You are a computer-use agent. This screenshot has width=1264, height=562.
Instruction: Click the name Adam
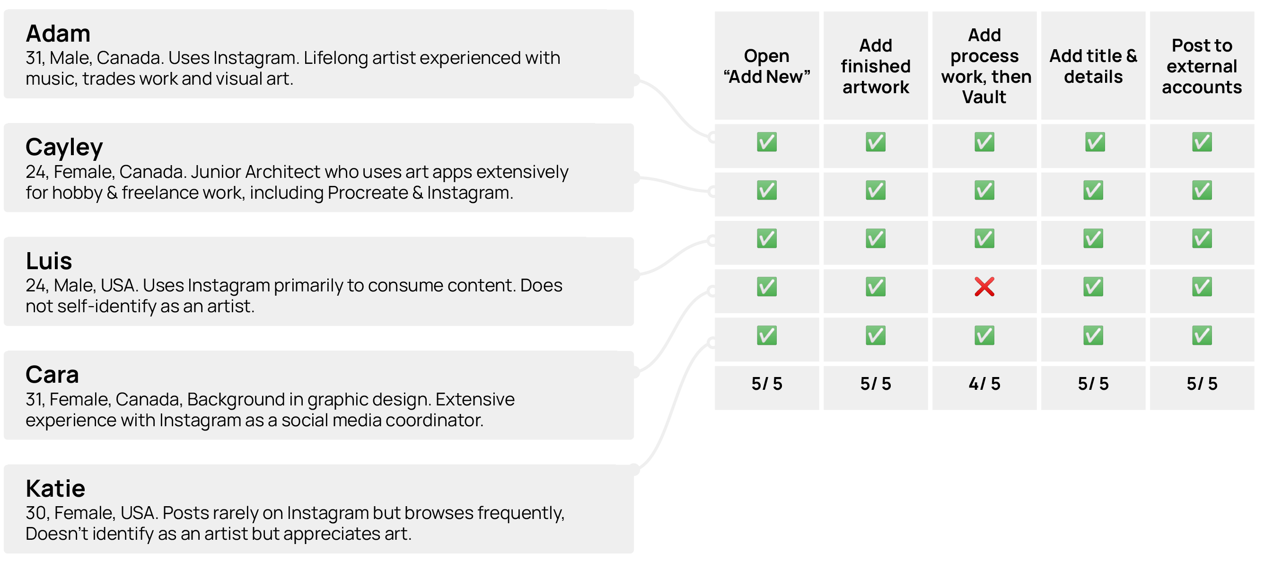(x=58, y=34)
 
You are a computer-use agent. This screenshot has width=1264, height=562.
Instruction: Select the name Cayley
(x=64, y=147)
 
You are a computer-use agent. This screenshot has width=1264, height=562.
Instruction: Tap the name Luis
(x=49, y=261)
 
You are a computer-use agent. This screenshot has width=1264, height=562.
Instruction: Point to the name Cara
(x=52, y=375)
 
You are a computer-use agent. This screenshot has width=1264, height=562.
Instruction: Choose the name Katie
(x=55, y=489)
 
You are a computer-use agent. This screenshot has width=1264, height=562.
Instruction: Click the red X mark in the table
(x=984, y=287)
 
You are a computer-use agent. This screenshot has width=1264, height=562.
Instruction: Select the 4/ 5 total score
(x=984, y=384)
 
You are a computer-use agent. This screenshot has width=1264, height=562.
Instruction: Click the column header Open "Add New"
(x=766, y=66)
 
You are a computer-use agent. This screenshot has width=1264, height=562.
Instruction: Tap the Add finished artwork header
(x=875, y=66)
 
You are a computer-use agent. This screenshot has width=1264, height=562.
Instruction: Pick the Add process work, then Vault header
(x=984, y=66)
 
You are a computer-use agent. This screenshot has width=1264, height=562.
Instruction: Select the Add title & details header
(x=1093, y=66)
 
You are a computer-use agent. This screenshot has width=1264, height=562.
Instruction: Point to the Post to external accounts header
(x=1202, y=66)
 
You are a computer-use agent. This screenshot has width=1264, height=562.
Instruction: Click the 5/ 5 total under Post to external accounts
(x=1202, y=384)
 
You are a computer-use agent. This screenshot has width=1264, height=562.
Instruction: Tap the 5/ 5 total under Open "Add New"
(x=766, y=384)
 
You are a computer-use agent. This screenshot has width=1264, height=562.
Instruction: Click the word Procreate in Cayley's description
(x=368, y=193)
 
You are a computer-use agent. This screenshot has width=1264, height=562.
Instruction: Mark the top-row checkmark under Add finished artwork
(x=875, y=142)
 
